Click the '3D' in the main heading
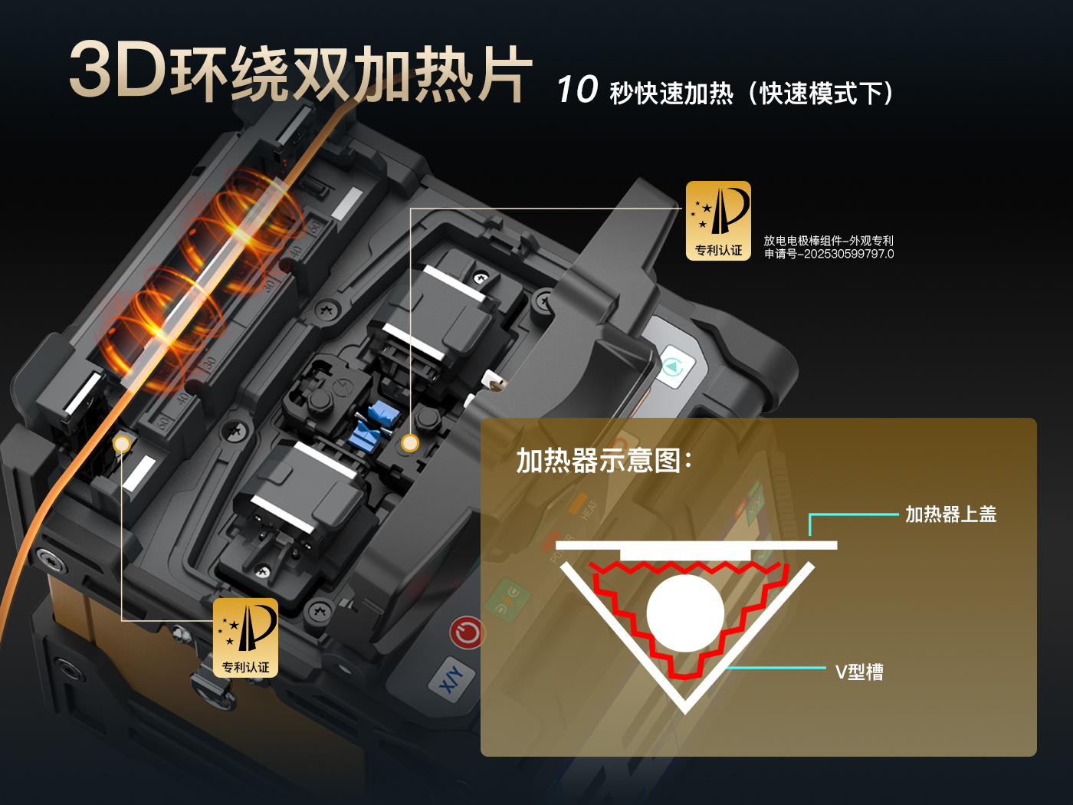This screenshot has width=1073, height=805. click(117, 70)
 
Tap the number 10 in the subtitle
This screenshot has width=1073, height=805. click(577, 90)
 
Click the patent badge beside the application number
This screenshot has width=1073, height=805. click(718, 221)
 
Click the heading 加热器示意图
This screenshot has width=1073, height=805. click(603, 461)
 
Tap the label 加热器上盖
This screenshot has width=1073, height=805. click(950, 514)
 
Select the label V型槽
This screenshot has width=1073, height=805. click(859, 672)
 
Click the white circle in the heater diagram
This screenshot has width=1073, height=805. click(685, 613)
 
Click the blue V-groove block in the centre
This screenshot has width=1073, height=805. click(375, 426)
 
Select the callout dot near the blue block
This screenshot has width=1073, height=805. click(411, 443)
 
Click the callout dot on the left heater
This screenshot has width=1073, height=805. click(122, 443)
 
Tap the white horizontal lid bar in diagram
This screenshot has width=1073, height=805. click(696, 545)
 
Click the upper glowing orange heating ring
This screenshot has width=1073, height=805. click(245, 211)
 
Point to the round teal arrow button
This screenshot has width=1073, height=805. click(673, 367)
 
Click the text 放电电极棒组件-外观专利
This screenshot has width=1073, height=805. click(828, 241)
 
